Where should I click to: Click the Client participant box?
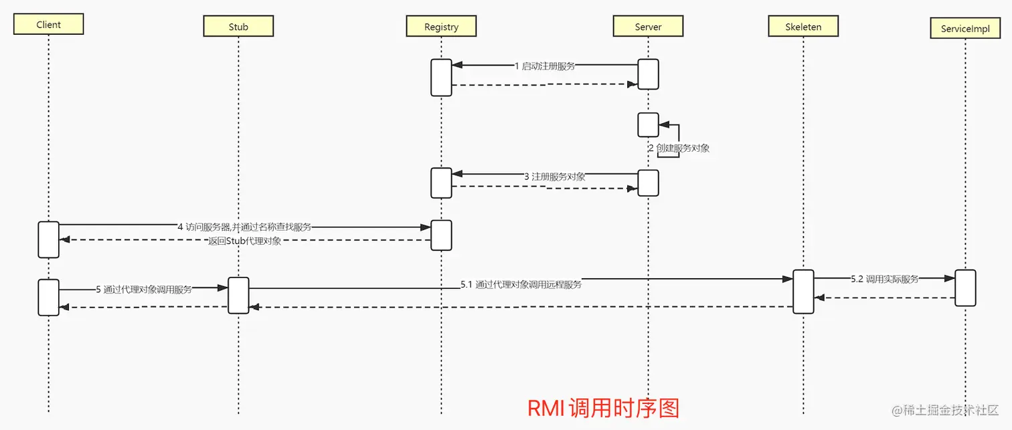[x=48, y=25]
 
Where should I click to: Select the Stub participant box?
[x=238, y=27]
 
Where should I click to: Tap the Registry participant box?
[x=441, y=27]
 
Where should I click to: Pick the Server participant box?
[x=648, y=27]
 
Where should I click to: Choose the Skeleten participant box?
[x=803, y=27]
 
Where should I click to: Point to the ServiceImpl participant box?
[x=964, y=29]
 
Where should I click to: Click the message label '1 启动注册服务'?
[x=544, y=66]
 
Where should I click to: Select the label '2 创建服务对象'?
[x=679, y=148]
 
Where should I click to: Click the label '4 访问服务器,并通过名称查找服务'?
[x=244, y=227]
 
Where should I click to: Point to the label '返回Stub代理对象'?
[x=244, y=241]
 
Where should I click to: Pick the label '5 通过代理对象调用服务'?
[x=143, y=290]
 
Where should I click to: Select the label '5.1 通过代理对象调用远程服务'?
[x=521, y=284]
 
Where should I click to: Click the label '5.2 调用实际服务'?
[x=885, y=279]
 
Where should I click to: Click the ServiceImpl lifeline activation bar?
[x=965, y=288]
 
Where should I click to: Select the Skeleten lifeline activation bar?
[x=803, y=291]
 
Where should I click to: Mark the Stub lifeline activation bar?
[x=238, y=295]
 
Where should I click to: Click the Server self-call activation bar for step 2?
[x=648, y=124]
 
